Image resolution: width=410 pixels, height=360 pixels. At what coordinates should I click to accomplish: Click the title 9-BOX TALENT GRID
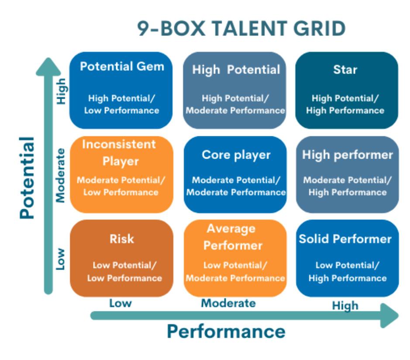coord(241,29)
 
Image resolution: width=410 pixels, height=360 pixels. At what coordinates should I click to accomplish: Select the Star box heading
coord(345,69)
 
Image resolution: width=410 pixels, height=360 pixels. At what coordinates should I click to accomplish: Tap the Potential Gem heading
coord(122,66)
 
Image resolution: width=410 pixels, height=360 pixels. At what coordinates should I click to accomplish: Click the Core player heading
coord(236,155)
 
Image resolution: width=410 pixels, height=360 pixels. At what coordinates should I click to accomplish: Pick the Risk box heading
coord(122,239)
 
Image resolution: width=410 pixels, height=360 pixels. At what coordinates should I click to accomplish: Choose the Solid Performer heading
coord(345,239)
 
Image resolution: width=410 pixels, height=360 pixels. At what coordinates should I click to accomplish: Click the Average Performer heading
coord(231,236)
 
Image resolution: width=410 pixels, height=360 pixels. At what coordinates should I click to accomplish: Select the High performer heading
coord(348,155)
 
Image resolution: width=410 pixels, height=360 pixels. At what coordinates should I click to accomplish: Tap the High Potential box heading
coord(236,69)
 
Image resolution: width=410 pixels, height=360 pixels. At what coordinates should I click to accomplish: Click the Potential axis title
coord(27,177)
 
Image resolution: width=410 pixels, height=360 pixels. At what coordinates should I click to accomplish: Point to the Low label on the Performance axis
coord(120,303)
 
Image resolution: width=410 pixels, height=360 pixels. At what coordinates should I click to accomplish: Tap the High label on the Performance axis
coord(345,305)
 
